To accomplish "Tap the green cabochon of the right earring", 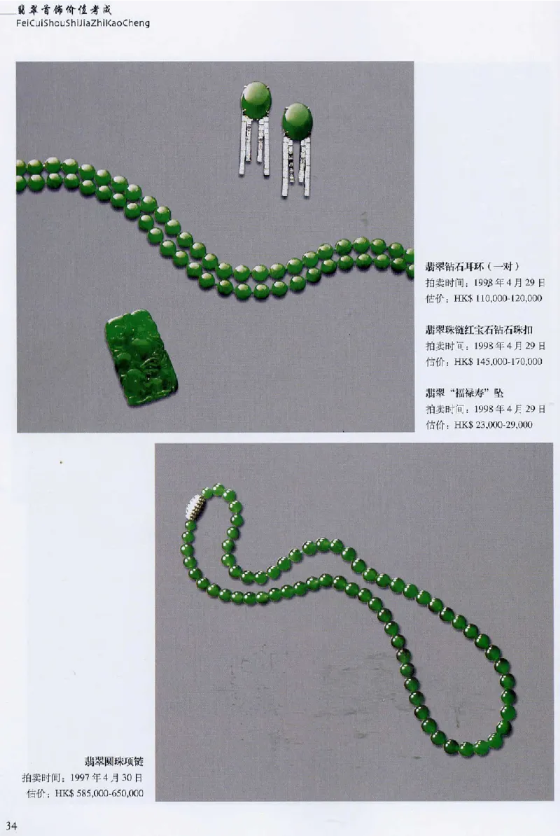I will (x=297, y=120).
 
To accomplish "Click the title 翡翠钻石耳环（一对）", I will (x=472, y=266).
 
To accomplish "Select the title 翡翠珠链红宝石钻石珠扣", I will (x=479, y=329).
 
